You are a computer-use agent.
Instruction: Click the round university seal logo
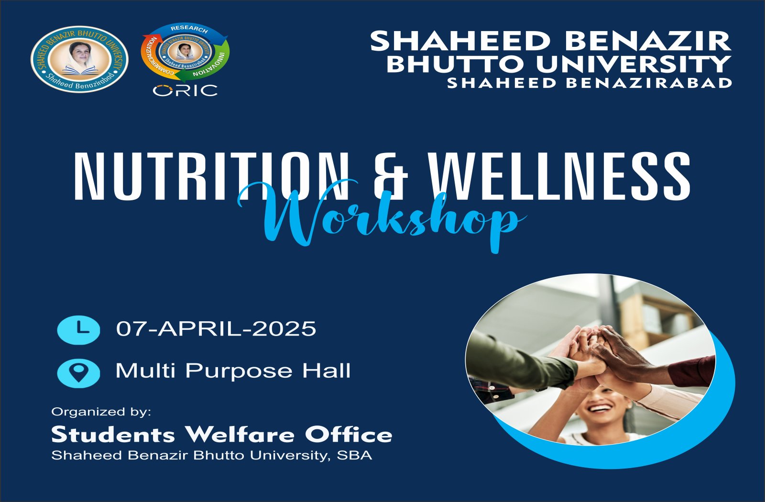[79, 59]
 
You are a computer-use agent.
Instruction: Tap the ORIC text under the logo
[185, 91]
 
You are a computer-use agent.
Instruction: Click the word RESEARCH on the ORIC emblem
[189, 29]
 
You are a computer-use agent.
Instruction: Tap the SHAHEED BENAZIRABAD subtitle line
[590, 83]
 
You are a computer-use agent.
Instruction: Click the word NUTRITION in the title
[211, 175]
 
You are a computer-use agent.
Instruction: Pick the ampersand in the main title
[391, 175]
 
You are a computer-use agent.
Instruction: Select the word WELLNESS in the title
[560, 175]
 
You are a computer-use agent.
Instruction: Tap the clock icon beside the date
[78, 329]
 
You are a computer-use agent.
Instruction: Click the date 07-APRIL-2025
[216, 329]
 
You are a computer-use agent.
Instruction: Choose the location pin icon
[78, 373]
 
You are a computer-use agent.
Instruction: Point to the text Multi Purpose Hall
[233, 371]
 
